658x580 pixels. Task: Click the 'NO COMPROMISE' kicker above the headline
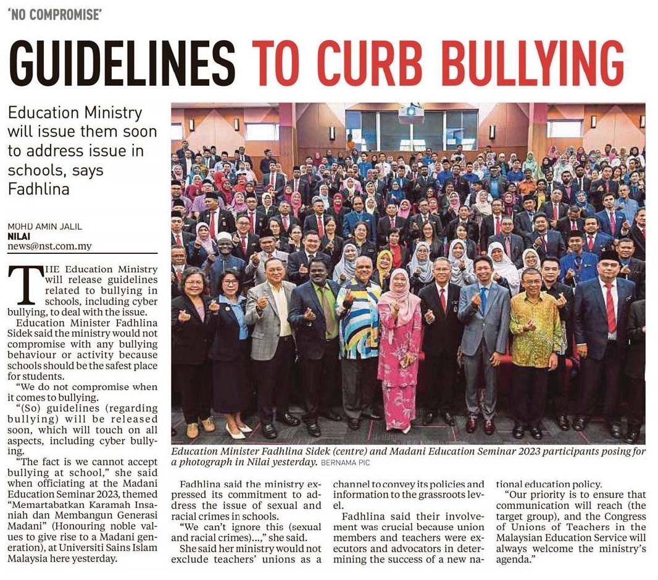tap(54, 15)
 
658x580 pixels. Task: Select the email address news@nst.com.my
tap(49, 246)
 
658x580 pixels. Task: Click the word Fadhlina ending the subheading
tap(39, 188)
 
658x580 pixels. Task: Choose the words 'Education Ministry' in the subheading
tap(75, 113)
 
